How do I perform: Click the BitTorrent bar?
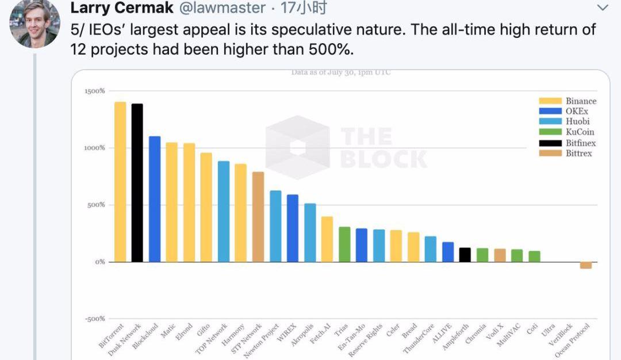point(120,182)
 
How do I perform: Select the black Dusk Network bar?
point(137,183)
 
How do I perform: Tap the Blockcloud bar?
point(155,199)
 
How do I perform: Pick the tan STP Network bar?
point(258,217)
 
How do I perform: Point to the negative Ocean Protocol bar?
point(586,265)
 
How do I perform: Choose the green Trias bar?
point(344,244)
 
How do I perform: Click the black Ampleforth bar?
point(465,255)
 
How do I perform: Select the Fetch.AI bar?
point(327,239)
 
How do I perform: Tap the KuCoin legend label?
point(580,132)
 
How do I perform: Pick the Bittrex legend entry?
point(578,153)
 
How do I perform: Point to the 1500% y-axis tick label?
point(94,91)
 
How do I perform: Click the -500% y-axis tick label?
point(94,319)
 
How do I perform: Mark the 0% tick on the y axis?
point(98,262)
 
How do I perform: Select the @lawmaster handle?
point(221,8)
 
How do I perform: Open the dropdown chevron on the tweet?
point(603,8)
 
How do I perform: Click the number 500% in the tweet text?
point(332,49)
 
